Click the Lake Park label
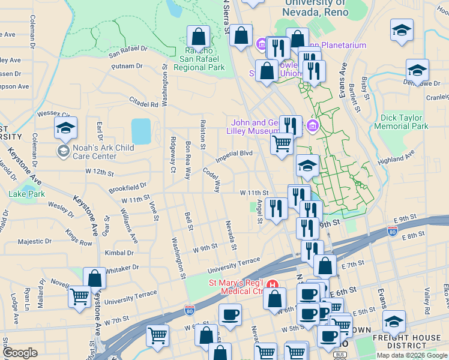point(26,194)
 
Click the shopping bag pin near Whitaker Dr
point(94,279)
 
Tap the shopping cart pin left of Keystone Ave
point(80,296)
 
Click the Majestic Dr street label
point(35,241)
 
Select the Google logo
point(19,353)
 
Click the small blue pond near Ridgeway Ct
point(140,131)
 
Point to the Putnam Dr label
point(127,65)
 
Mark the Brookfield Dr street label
point(128,188)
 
